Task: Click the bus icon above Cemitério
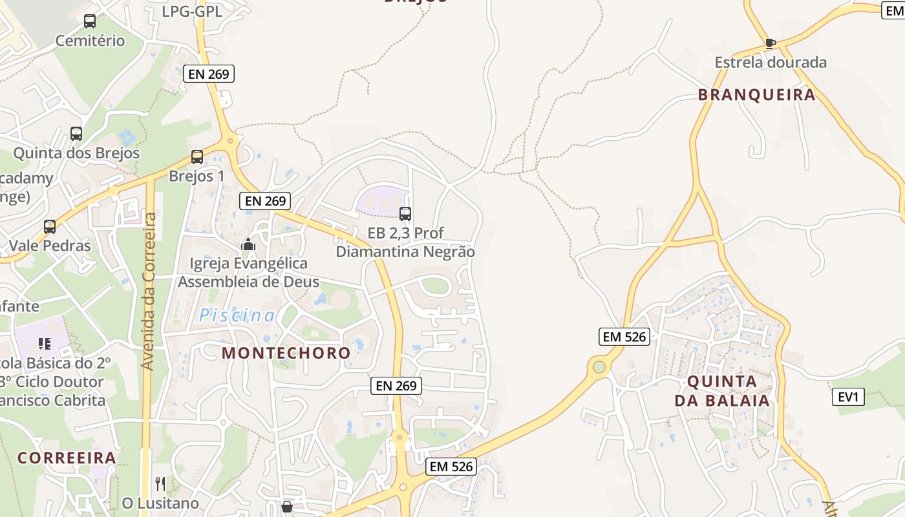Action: [x=90, y=21]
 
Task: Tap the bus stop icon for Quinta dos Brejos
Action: [x=76, y=134]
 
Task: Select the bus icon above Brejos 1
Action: [x=197, y=156]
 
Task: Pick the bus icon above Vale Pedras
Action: [x=50, y=227]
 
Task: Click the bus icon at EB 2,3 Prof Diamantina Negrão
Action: [x=405, y=213]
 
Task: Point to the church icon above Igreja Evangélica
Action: [x=248, y=244]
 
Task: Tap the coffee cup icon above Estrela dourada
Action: [x=770, y=43]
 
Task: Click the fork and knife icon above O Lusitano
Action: [x=160, y=483]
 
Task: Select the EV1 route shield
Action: [x=847, y=396]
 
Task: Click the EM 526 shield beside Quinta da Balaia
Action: [x=624, y=336]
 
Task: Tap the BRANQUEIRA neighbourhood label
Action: [x=756, y=95]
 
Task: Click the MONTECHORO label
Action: [x=286, y=353]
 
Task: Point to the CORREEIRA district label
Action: [x=67, y=458]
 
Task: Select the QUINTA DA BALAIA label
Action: [x=723, y=390]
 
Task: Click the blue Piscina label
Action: [x=237, y=315]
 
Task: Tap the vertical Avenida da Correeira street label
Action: [x=148, y=291]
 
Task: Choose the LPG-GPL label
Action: [x=192, y=12]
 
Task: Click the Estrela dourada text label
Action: [x=771, y=63]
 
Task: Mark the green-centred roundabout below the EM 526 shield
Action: [x=599, y=367]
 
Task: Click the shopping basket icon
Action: [x=287, y=507]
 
